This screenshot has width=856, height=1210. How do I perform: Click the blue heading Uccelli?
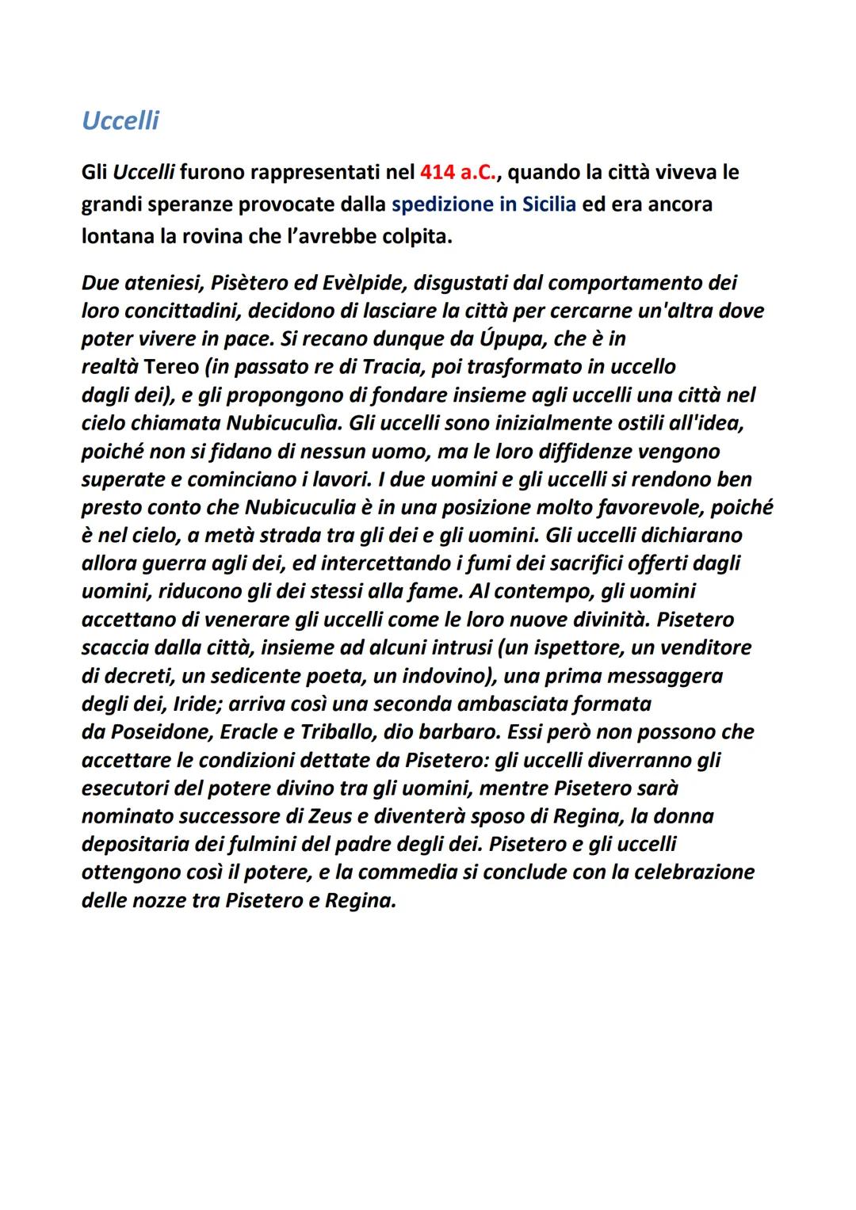tap(120, 120)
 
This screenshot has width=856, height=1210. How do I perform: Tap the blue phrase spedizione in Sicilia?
tap(483, 204)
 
